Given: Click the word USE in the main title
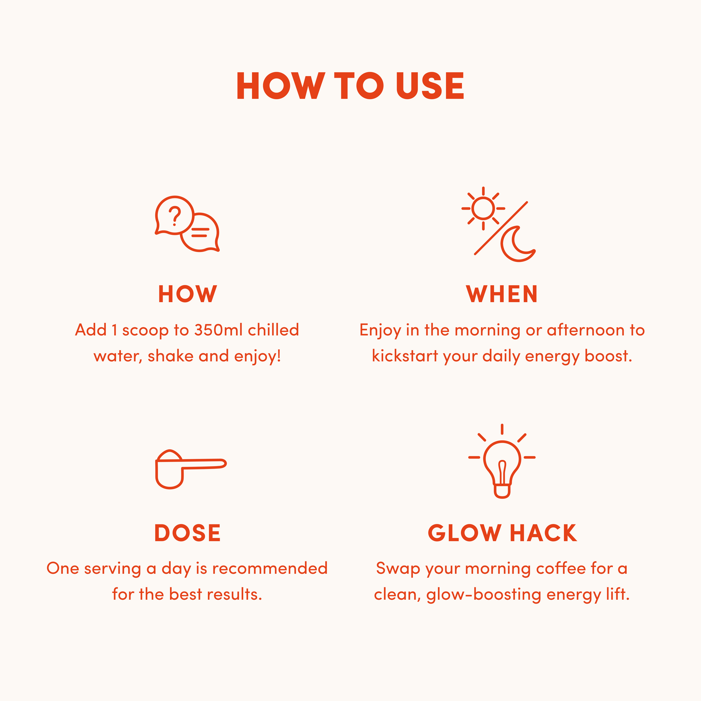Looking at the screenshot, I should [x=430, y=86].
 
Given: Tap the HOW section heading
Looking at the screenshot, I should [x=188, y=294].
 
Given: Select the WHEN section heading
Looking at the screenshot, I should [x=502, y=294].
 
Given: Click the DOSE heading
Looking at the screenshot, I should [x=188, y=533].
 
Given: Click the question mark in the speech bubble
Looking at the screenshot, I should [x=175, y=216].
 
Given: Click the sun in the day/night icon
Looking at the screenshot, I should [x=483, y=208].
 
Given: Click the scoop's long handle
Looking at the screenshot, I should [x=203, y=464].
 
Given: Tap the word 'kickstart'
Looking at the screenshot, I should [x=405, y=356].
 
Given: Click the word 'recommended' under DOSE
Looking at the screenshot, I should [x=270, y=568].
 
